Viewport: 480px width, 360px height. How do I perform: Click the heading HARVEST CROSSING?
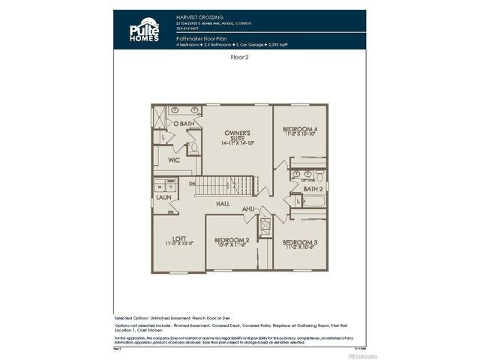click(x=199, y=16)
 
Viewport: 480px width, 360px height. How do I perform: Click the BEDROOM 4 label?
click(x=300, y=131)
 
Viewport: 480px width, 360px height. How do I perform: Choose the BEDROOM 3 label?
click(x=300, y=244)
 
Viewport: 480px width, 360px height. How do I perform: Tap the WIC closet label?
click(x=173, y=160)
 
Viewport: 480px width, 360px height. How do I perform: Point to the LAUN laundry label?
click(x=163, y=197)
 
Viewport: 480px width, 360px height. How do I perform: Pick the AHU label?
click(x=248, y=208)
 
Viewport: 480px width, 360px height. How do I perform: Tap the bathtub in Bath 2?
click(x=309, y=201)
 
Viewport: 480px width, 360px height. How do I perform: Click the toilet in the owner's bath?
click(x=193, y=148)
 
